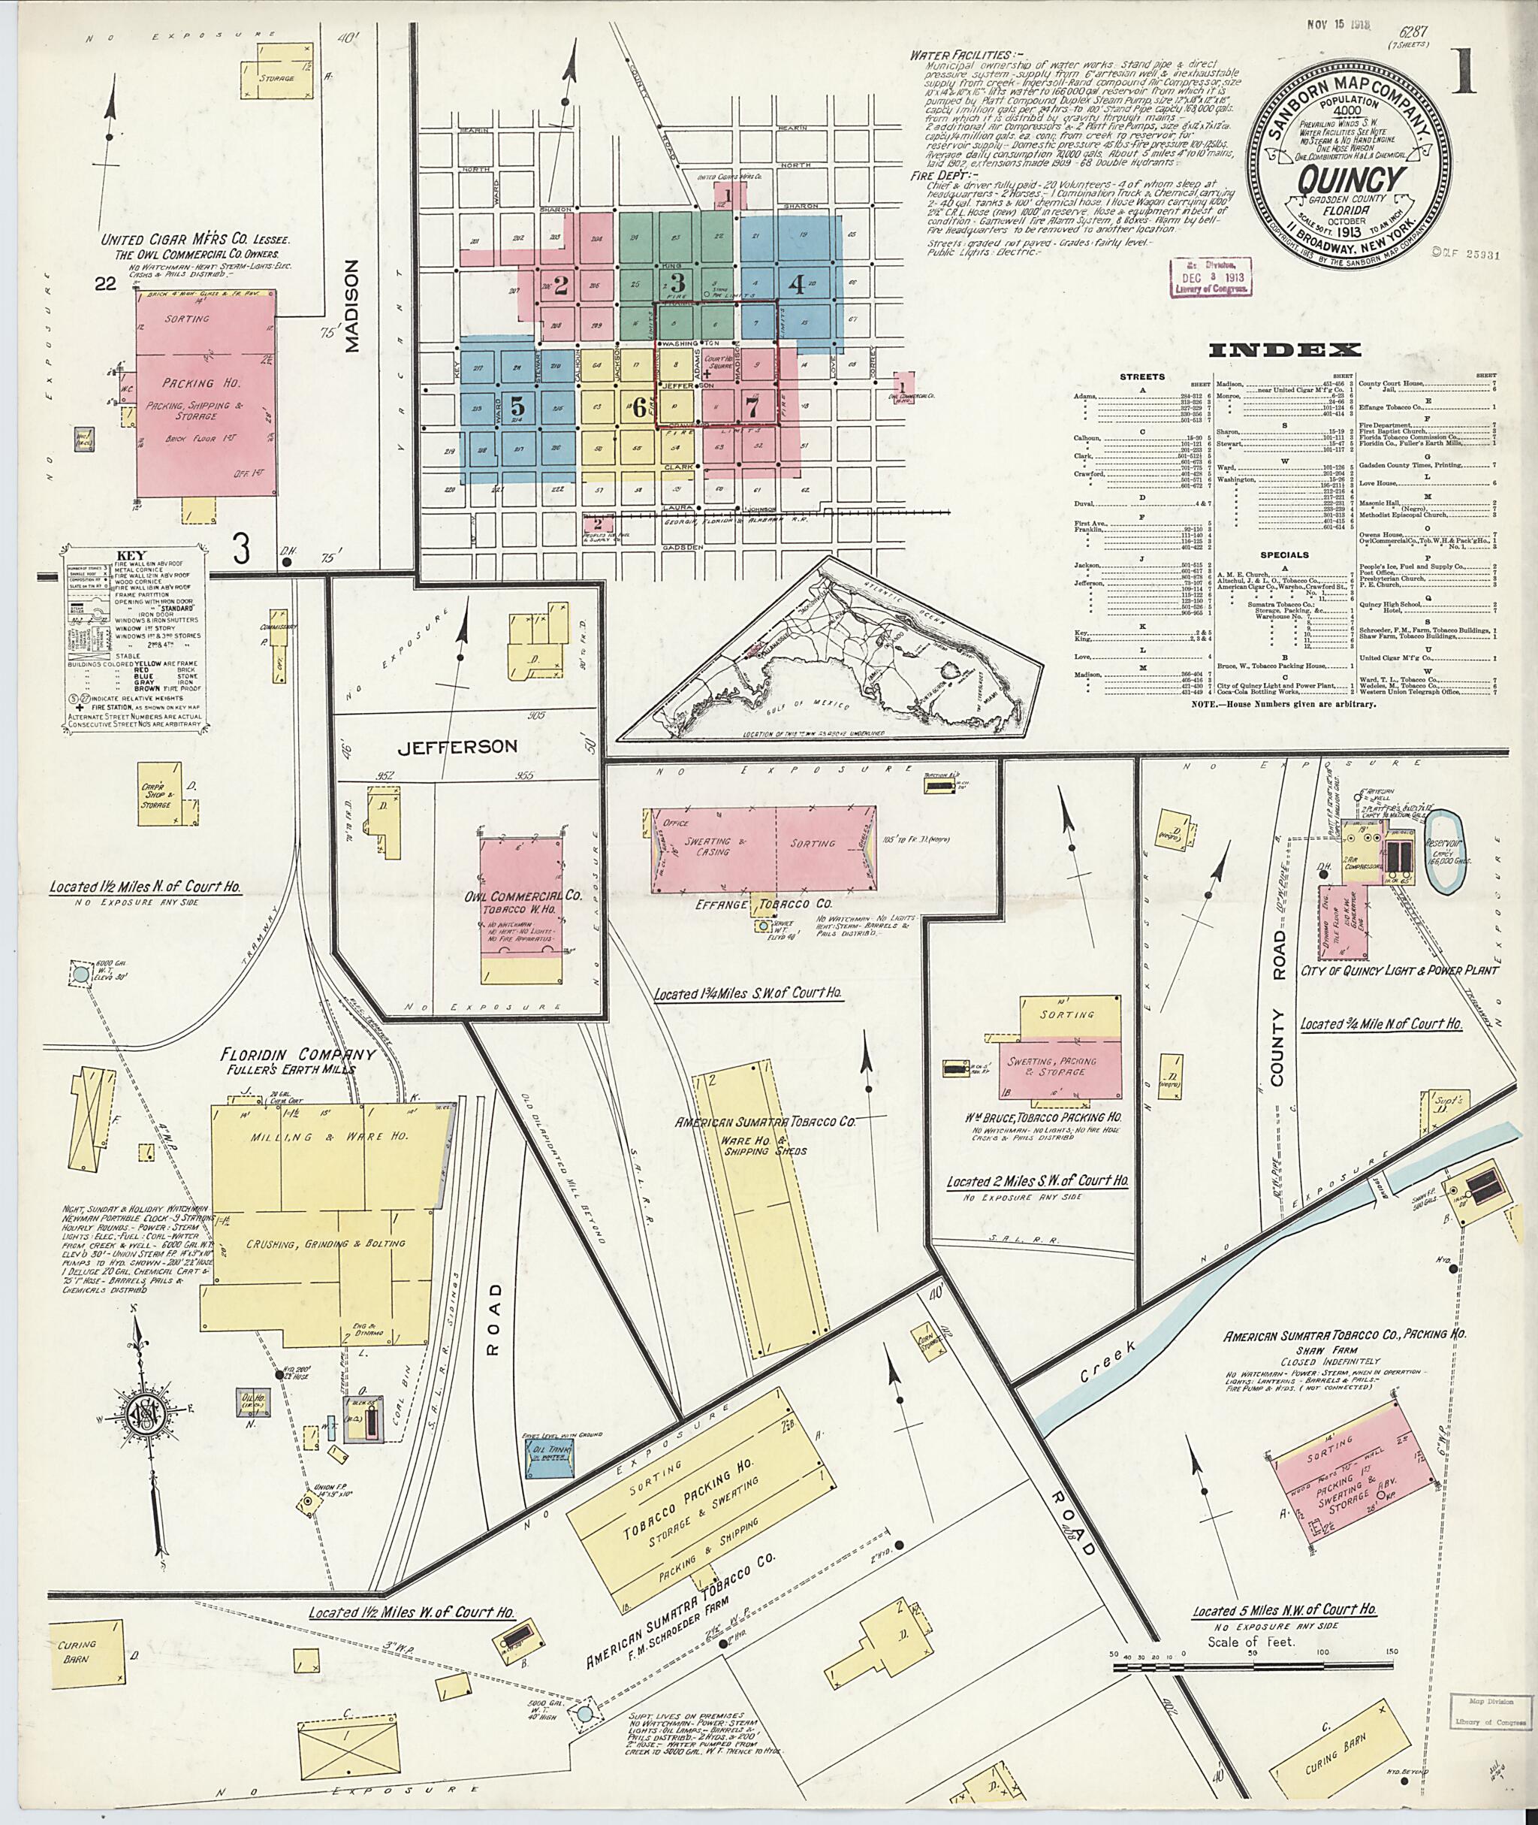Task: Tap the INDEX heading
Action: tap(1284, 351)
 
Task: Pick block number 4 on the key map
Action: tap(795, 285)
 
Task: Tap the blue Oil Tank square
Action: tap(551, 1453)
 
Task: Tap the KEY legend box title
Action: tap(132, 556)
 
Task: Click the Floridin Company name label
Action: tap(299, 1054)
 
